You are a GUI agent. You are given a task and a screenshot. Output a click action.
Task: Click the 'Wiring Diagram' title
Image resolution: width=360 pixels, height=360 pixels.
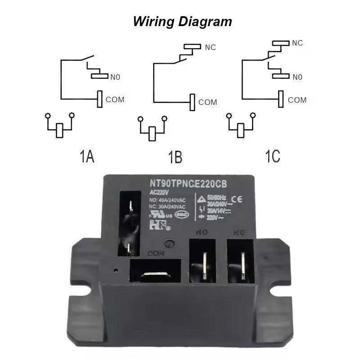[182, 21]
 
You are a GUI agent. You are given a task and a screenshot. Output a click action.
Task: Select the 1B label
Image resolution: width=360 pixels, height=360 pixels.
[175, 157]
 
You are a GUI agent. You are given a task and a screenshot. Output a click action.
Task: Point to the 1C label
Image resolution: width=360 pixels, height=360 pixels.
[272, 156]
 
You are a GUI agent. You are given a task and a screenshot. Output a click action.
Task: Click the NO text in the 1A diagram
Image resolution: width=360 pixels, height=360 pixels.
[116, 77]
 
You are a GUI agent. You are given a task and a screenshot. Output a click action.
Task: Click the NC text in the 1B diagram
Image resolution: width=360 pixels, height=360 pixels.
[211, 47]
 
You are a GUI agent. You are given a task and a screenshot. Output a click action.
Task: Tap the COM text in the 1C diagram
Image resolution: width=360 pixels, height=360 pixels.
[297, 100]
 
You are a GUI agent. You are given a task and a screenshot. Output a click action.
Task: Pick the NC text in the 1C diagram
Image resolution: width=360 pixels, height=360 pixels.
[297, 43]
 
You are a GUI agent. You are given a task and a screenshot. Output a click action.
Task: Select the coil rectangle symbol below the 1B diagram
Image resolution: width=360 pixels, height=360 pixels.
[153, 134]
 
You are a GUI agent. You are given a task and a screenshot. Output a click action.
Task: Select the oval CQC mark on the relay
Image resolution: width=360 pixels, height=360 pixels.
[184, 215]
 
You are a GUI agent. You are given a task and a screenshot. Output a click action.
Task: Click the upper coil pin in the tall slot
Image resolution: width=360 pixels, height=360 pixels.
[130, 207]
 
